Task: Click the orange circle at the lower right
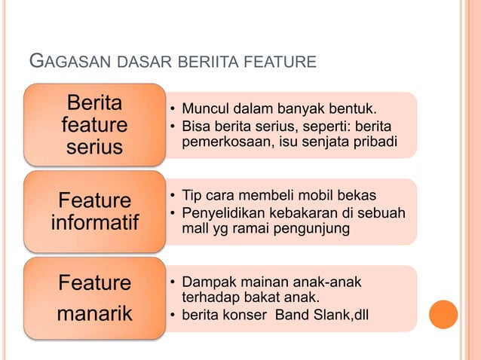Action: [x=443, y=315]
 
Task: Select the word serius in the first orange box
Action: [x=94, y=146]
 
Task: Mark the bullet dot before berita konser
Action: [x=173, y=314]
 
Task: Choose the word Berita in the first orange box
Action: [x=94, y=102]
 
